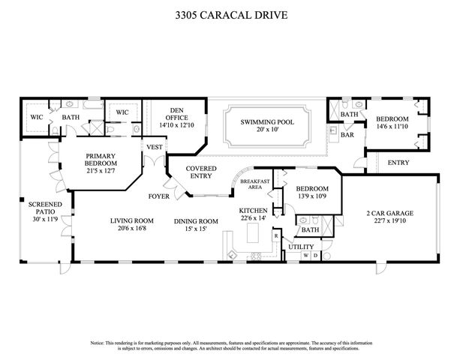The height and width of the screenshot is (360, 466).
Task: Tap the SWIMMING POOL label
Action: point(267,121)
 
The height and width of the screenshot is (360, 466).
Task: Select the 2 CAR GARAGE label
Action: point(389,213)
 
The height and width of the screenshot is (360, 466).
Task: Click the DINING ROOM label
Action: point(196,220)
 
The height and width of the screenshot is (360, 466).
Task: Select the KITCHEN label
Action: point(254,211)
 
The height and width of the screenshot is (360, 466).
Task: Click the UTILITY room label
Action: point(301,246)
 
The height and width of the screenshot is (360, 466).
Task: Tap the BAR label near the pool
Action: point(347,136)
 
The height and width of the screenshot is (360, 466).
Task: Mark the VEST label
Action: point(155,147)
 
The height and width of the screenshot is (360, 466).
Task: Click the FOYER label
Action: point(158,197)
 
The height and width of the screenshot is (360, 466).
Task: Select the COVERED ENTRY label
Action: point(201,173)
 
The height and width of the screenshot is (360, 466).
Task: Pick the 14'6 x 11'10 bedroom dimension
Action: point(392,127)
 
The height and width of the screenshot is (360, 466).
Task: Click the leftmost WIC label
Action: point(35,117)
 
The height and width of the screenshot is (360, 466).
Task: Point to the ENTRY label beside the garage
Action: point(398,163)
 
